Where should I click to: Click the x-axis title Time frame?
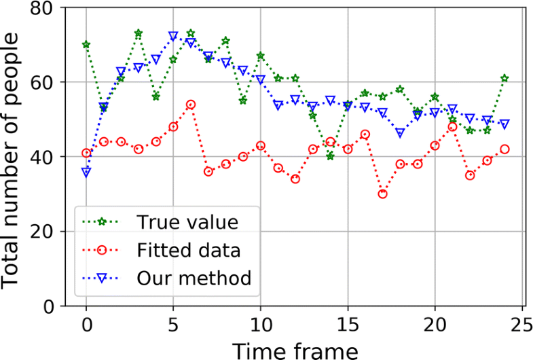[x=295, y=349]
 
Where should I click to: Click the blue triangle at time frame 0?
[x=86, y=173]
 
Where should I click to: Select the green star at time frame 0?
[x=86, y=45]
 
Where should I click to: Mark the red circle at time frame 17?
[x=383, y=194]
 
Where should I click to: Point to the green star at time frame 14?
[x=331, y=156]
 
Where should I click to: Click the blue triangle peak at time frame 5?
[x=173, y=36]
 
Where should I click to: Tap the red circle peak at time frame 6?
[x=191, y=105]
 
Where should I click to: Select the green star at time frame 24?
[x=504, y=78]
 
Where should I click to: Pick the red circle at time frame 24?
[x=504, y=149]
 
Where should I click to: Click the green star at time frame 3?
[x=139, y=33]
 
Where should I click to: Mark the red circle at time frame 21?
[x=452, y=127]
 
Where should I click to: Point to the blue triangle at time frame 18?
[x=400, y=133]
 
